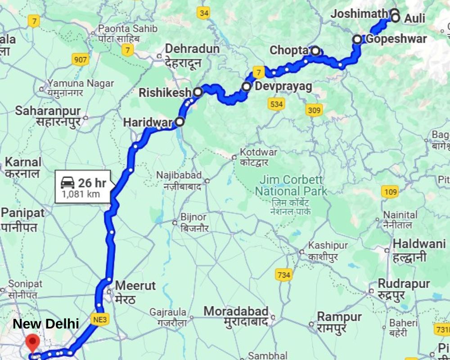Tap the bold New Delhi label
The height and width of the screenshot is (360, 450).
tap(46, 324)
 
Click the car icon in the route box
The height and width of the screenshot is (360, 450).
tap(67, 182)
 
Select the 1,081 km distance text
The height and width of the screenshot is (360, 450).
tap(81, 194)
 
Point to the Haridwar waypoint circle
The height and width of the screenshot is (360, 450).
tap(180, 121)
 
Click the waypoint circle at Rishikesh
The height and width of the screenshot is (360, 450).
tap(198, 92)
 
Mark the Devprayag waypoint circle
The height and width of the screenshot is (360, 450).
tap(247, 86)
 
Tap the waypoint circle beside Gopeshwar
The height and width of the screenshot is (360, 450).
tap(357, 39)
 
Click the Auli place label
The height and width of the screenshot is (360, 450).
tap(414, 18)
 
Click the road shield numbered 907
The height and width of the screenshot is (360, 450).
tap(81, 60)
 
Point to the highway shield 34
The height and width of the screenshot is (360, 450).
tap(203, 13)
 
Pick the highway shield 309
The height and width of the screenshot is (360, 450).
tap(314, 109)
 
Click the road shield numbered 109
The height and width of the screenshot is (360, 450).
tap(391, 192)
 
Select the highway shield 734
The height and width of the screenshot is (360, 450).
tap(283, 275)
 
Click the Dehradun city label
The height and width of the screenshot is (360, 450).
tap(192, 49)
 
